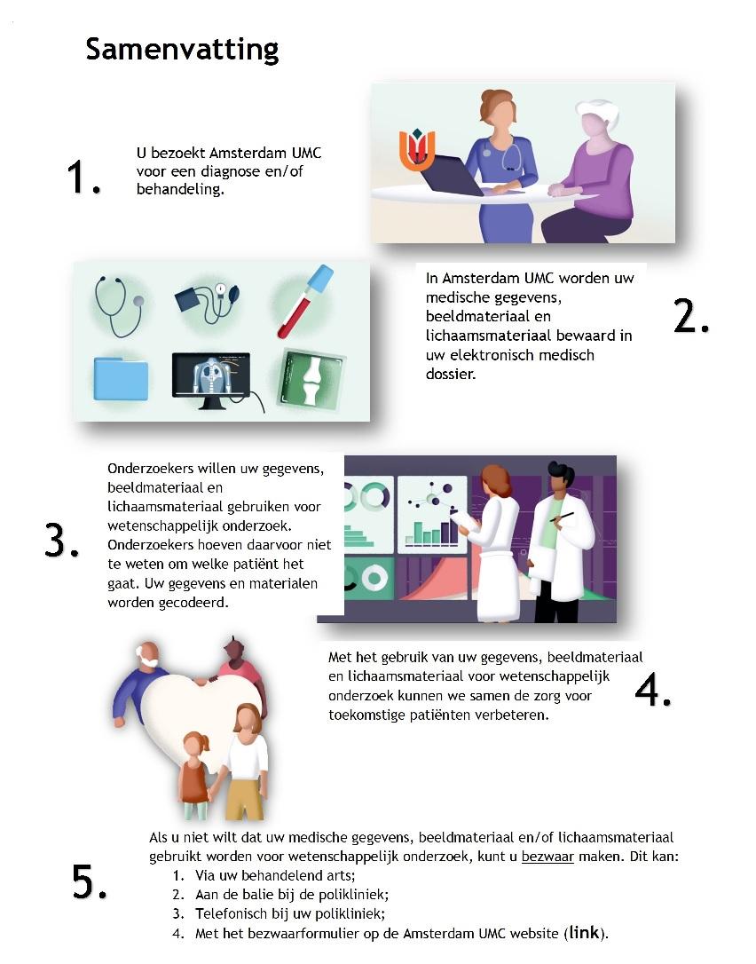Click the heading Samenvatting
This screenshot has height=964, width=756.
tap(182, 50)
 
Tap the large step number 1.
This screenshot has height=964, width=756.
tap(83, 177)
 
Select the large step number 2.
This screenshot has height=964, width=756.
tap(691, 316)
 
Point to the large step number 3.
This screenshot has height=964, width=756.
tap(61, 541)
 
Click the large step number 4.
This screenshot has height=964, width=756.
tap(653, 689)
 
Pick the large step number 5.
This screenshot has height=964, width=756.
tap(89, 881)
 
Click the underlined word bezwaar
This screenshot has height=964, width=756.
tap(547, 857)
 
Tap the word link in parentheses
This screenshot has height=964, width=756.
tap(584, 933)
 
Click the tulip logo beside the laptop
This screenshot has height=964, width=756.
tap(417, 149)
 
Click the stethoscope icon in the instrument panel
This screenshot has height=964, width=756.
tap(119, 306)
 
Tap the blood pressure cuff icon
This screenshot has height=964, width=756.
tap(207, 301)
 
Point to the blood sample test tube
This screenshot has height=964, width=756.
tap(305, 301)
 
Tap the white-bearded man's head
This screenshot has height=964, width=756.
tap(147, 656)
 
